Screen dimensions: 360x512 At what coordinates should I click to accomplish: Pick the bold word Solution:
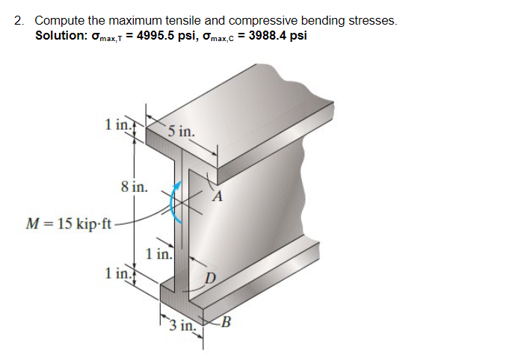[x=62, y=36]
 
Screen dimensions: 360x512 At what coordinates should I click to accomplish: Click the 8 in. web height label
[x=134, y=185]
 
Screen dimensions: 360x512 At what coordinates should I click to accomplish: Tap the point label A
[x=218, y=197]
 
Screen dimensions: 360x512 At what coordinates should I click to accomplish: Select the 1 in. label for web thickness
[x=159, y=254]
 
